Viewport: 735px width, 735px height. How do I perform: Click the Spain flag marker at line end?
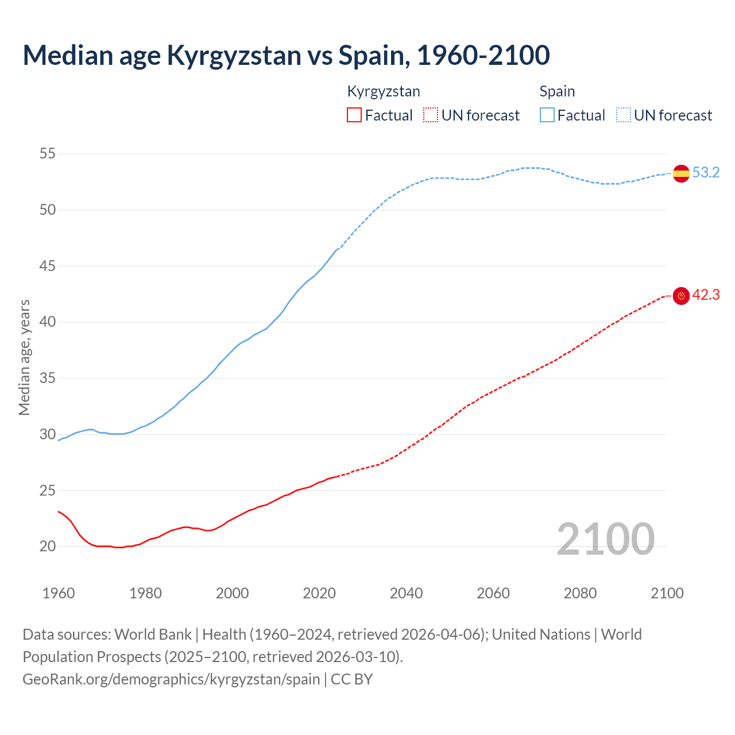681,173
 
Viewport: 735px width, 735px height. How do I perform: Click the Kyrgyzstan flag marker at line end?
681,296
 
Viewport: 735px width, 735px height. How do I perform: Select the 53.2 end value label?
706,172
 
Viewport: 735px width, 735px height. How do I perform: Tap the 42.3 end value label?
706,295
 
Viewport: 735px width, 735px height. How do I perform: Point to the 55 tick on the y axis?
48,153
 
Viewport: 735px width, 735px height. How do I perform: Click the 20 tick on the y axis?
48,546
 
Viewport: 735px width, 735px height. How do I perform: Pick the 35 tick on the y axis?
48,378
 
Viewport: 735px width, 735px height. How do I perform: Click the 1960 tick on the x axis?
59,593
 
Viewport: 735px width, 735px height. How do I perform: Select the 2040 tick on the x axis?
406,593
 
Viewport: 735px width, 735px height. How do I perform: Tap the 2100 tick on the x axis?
667,593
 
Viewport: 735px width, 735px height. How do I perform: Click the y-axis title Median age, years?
24,357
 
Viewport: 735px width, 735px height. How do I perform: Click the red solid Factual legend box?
354,115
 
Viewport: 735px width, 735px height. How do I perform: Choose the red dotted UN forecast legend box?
431,115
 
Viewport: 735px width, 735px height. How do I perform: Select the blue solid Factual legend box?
547,115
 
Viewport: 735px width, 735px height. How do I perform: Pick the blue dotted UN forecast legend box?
624,115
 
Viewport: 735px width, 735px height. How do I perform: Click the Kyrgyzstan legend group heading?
384,91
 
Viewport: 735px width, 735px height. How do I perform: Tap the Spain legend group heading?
557,91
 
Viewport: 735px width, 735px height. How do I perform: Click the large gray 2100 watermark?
605,539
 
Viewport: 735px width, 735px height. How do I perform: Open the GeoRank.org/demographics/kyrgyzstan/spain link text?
171,679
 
